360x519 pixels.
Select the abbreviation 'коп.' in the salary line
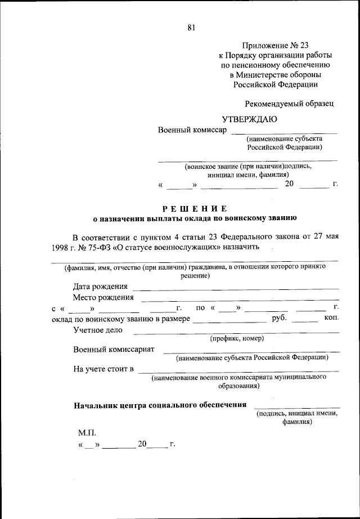pyautogui.click(x=331, y=319)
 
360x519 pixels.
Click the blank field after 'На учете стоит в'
pyautogui.click(x=238, y=370)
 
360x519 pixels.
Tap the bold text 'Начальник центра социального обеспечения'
pyautogui.click(x=160, y=405)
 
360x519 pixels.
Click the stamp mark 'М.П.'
pyautogui.click(x=87, y=432)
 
